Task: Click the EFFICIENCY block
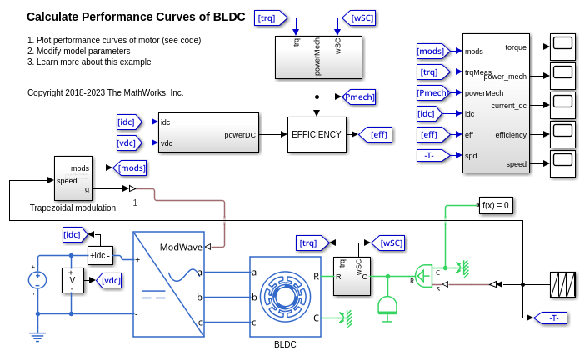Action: (x=316, y=134)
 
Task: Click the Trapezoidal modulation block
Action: (x=73, y=178)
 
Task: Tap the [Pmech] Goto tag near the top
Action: (x=359, y=97)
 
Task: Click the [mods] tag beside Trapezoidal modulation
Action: (x=130, y=167)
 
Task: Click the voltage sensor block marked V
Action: (x=72, y=280)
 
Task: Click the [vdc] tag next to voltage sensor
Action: (x=109, y=280)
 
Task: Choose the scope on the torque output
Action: (x=562, y=46)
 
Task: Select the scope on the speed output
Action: (x=562, y=163)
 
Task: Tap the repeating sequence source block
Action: (x=562, y=284)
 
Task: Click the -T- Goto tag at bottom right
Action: (x=550, y=317)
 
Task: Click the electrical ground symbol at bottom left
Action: (x=37, y=337)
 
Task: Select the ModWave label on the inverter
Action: (x=181, y=247)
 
